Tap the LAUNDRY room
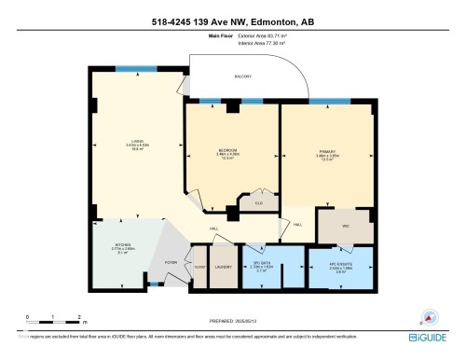tap(223, 267)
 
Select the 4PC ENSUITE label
tap(341, 266)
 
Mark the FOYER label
tap(171, 262)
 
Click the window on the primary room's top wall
tap(323, 100)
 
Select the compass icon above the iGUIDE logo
tap(431, 316)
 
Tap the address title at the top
tap(232, 21)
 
